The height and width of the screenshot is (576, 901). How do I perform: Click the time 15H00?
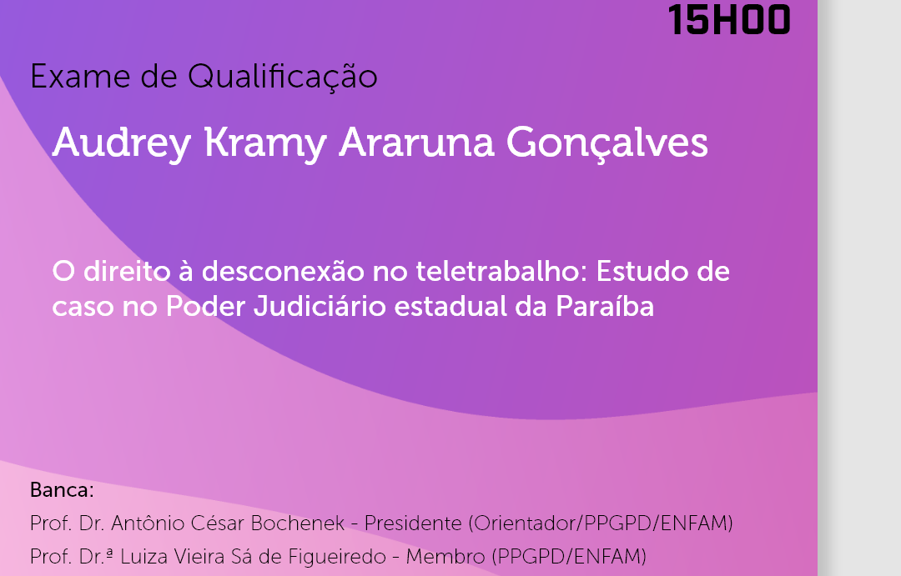729,19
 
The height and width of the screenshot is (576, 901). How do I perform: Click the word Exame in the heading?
80,77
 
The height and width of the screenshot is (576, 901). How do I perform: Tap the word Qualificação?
282,78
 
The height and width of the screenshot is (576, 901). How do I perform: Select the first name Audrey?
121,143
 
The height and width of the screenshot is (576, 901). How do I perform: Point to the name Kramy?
265,143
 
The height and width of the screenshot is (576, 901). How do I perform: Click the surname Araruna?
416,143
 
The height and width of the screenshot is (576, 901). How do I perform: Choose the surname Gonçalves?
607,143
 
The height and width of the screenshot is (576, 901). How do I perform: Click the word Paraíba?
605,306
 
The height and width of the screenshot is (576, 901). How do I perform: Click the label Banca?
62,490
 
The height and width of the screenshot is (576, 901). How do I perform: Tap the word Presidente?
413,523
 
